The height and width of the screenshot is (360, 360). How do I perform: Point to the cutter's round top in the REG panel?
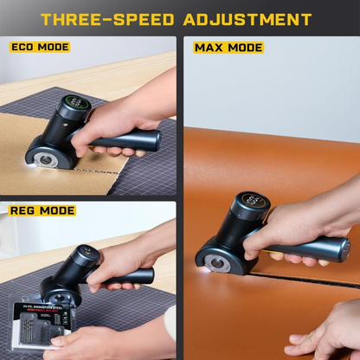coord(84,254)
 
